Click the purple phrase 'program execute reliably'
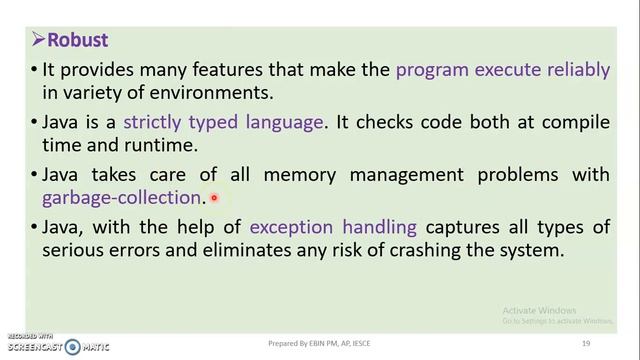coord(503,70)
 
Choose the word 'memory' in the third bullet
coord(296,174)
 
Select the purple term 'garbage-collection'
coord(122,198)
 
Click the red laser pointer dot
coord(214,199)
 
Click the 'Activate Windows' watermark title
coord(540,310)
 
